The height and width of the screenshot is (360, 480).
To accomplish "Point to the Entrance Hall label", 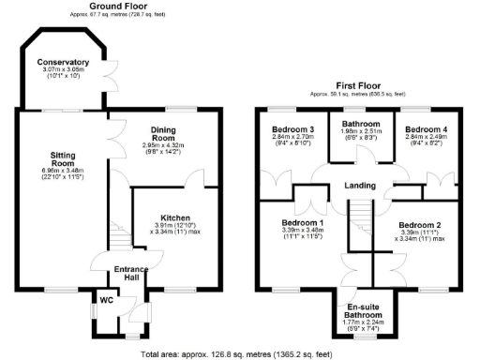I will pos(130,274).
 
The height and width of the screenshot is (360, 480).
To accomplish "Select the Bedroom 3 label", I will pos(292,128).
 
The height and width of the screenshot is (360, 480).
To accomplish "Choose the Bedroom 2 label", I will pos(419,225).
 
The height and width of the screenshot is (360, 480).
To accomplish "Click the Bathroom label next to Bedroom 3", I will pos(359,124).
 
